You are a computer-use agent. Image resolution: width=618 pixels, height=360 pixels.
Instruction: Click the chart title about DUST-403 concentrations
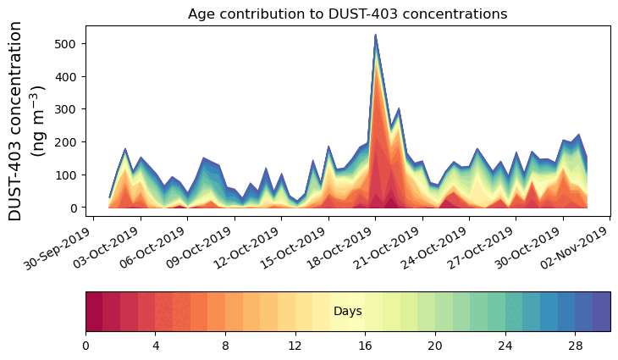pos(347,14)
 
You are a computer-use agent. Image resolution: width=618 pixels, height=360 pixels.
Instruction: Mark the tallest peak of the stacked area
pos(375,36)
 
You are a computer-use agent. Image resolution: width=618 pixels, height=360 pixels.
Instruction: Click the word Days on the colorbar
pos(347,312)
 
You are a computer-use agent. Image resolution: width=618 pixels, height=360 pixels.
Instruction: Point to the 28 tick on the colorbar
pos(575,346)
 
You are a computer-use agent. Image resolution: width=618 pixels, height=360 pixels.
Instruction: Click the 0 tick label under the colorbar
pos(86,346)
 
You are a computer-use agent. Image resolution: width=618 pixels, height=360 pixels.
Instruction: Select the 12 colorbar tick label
pos(295,346)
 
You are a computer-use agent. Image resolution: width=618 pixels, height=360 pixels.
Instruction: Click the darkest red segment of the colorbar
pos(94,312)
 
